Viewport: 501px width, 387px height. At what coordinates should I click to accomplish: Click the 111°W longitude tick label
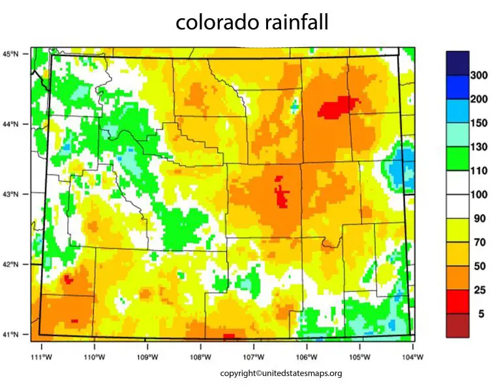click(x=41, y=357)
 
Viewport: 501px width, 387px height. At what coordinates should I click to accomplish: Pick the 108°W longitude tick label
click(x=200, y=357)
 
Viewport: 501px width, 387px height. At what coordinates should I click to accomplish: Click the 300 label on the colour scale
click(x=479, y=76)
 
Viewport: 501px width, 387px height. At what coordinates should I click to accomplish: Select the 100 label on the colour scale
click(x=479, y=195)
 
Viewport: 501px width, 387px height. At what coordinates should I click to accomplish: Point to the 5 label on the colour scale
click(x=481, y=314)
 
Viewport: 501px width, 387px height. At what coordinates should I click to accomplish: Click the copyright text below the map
click(x=281, y=373)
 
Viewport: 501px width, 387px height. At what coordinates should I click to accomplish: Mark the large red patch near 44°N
click(x=338, y=106)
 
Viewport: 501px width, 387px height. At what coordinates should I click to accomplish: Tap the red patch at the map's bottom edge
click(x=228, y=337)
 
